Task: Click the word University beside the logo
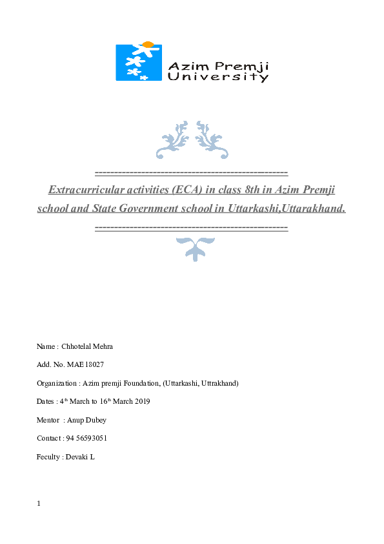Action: tap(218, 77)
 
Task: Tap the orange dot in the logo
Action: tap(148, 45)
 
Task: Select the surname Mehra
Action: tap(103, 346)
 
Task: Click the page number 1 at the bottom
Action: tap(39, 504)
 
